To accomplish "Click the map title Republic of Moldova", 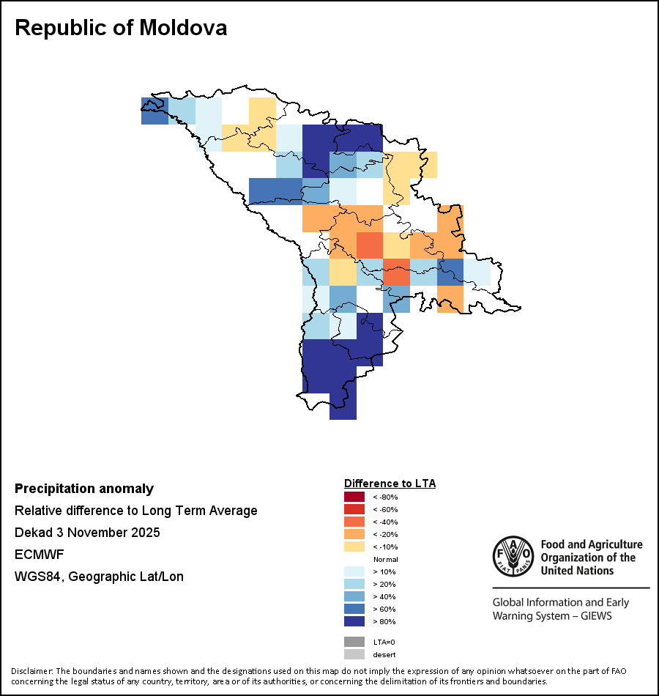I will point(121,28).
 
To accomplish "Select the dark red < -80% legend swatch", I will point(354,497).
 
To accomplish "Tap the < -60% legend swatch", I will point(354,509).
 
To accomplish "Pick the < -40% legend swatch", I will point(354,522).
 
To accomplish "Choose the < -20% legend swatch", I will point(354,534).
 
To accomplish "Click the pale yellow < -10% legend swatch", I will point(354,547).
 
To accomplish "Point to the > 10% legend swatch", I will point(354,571).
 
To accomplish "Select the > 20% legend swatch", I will point(354,584).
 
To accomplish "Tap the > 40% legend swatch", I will point(354,596).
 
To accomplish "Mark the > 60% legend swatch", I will point(354,609).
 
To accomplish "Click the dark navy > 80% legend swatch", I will point(354,621).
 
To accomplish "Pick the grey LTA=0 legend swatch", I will point(354,642).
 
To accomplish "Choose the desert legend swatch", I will point(354,654).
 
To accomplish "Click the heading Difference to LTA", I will point(390,484).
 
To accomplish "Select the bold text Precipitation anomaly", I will point(84,489).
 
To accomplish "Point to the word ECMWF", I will point(37,555).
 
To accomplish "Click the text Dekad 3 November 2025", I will point(87,533).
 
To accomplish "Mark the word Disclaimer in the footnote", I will point(31,671).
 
